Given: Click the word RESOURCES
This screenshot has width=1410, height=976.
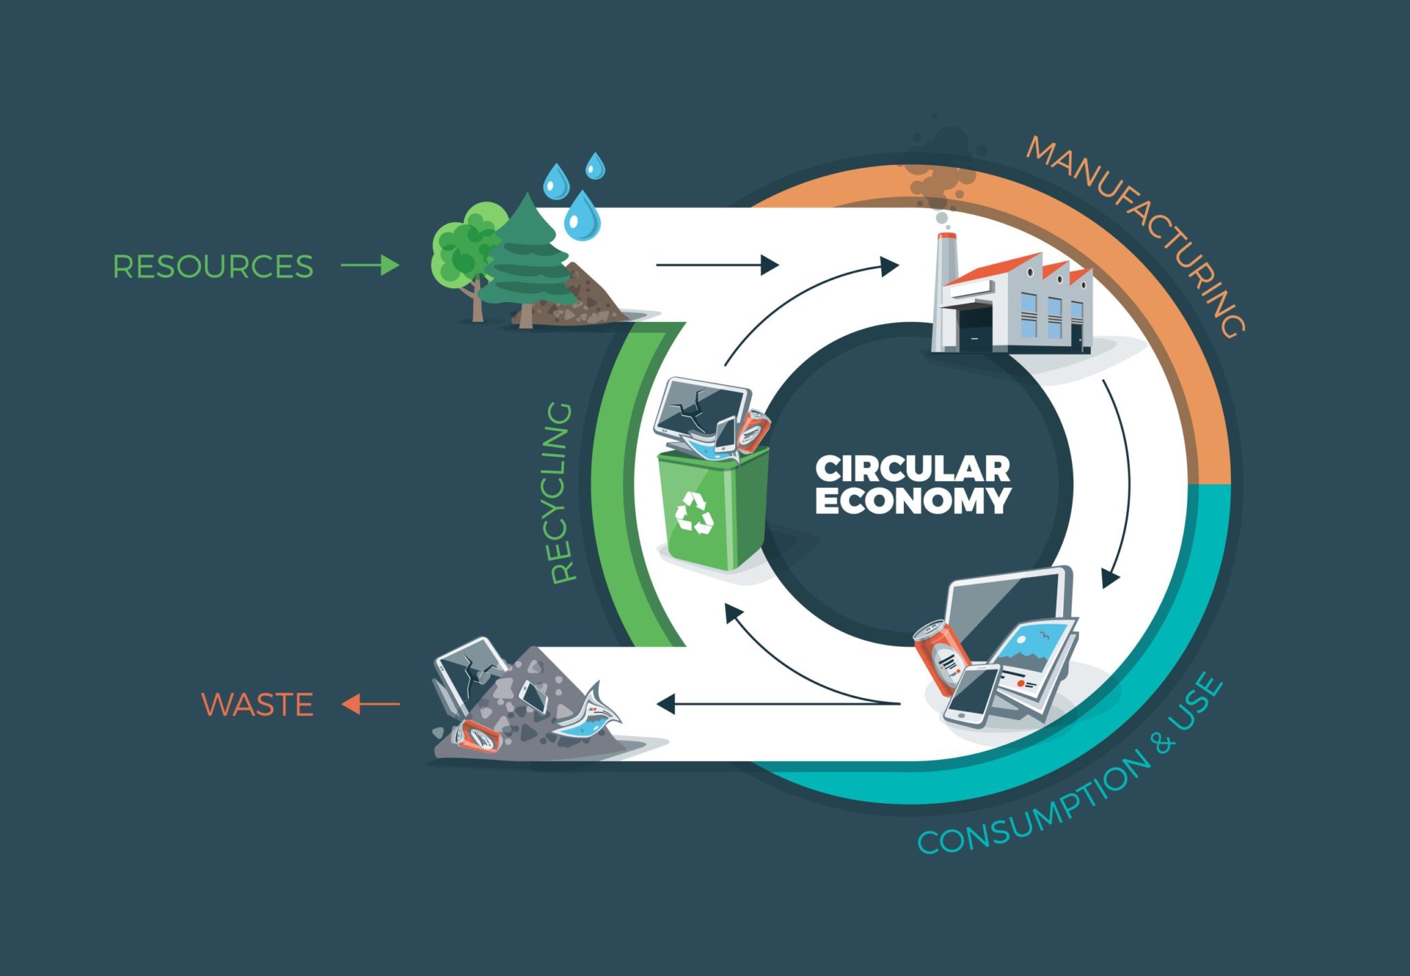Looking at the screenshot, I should (213, 266).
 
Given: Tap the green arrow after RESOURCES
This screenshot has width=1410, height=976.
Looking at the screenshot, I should (370, 265).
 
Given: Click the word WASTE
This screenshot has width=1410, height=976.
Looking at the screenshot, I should (257, 704).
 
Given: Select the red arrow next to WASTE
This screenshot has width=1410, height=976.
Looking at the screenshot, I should (370, 704).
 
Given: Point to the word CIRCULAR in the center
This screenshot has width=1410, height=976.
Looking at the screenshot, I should (912, 469).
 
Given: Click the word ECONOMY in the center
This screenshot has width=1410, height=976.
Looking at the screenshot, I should (912, 501).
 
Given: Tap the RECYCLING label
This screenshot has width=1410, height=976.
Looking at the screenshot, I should (562, 493).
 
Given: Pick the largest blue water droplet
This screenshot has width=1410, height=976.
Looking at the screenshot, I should (582, 216).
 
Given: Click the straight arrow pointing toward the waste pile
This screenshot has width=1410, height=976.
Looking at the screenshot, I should (778, 704).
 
